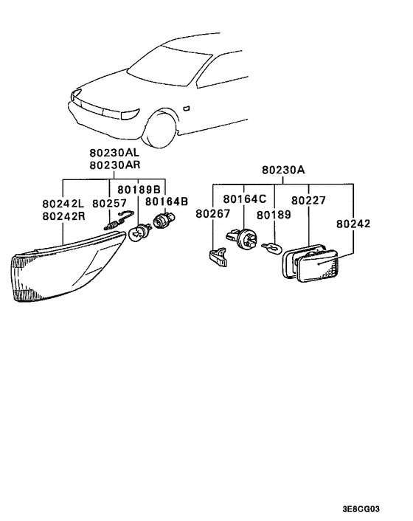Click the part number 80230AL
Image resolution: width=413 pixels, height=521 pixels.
118,153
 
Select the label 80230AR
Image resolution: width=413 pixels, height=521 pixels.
118,165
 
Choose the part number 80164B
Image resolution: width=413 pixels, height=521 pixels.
167,201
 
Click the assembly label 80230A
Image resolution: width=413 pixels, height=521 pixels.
282,170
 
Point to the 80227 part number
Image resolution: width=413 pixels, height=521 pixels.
305,199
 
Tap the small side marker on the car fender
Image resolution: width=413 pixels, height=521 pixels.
185,107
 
